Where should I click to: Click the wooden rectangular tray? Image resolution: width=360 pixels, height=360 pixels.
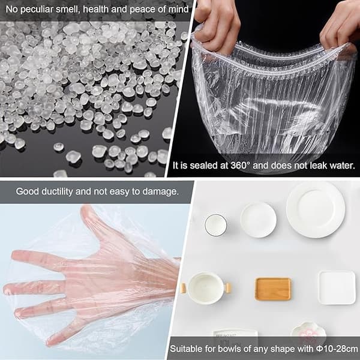pyautogui.click(x=273, y=289)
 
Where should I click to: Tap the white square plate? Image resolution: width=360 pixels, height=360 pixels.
pyautogui.click(x=337, y=287)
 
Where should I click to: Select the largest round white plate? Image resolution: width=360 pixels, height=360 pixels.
pyautogui.click(x=316, y=209)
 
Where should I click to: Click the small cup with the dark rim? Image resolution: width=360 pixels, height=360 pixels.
pyautogui.click(x=215, y=225)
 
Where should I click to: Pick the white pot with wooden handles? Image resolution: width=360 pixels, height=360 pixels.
pyautogui.click(x=206, y=289)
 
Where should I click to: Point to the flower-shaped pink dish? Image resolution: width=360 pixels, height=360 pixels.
pyautogui.click(x=308, y=331)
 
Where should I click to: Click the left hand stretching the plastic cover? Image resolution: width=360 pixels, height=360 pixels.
pyautogui.click(x=216, y=25)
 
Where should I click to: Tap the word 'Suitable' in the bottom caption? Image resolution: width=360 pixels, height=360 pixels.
pyautogui.click(x=185, y=349)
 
